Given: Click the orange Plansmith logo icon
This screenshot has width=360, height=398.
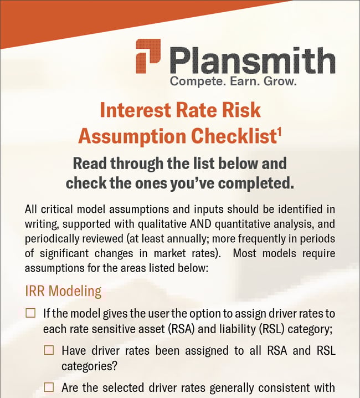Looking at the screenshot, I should (x=148, y=55).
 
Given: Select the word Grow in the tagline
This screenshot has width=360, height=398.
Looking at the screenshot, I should (x=282, y=82).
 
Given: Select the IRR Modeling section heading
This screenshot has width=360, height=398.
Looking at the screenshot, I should (x=64, y=291).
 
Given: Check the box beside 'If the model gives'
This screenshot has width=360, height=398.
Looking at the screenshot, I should (x=30, y=314).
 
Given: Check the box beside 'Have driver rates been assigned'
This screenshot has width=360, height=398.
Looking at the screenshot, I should (x=49, y=350).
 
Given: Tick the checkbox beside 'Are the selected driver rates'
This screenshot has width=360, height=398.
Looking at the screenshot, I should (x=49, y=387).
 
